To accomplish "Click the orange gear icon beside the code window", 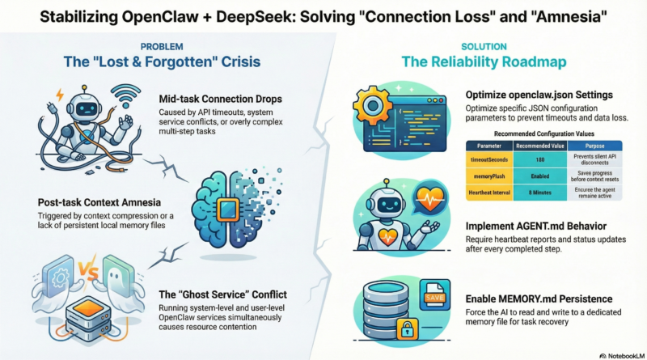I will pyautogui.click(x=367, y=103).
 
